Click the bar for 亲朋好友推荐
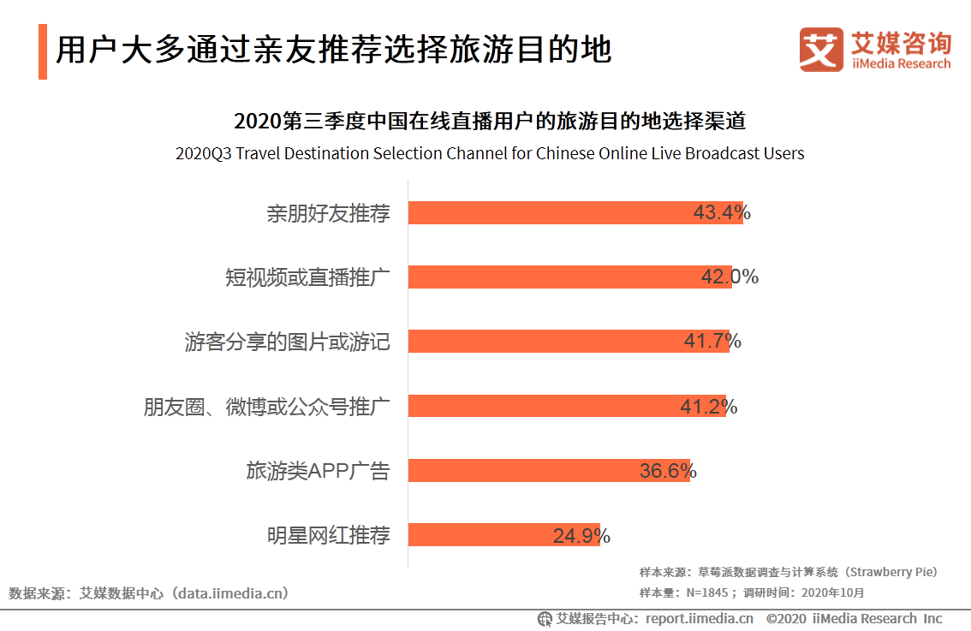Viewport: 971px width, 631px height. tap(548, 212)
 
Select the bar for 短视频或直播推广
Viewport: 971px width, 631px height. tap(548, 277)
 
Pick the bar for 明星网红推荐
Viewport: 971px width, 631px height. tap(480, 535)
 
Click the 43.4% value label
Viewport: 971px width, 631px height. tap(722, 212)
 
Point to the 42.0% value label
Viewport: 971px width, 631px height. tap(730, 277)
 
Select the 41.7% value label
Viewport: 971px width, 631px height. tap(712, 341)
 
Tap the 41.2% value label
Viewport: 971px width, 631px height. tap(708, 406)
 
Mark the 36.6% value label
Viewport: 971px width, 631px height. tap(668, 470)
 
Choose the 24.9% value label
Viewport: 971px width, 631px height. tap(581, 536)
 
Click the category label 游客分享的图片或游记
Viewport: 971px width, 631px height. tap(287, 342)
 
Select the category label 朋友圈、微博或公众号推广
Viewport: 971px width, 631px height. tap(266, 406)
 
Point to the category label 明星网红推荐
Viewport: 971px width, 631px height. tap(328, 536)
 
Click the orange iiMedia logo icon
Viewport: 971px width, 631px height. tap(821, 49)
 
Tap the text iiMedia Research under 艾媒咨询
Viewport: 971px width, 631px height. tap(901, 63)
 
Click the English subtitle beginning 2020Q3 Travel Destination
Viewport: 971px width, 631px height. tap(490, 154)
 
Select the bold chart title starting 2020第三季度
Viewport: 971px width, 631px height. tap(490, 121)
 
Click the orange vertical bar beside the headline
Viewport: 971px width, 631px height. tap(43, 52)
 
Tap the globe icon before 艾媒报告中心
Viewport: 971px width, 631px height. tap(545, 619)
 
